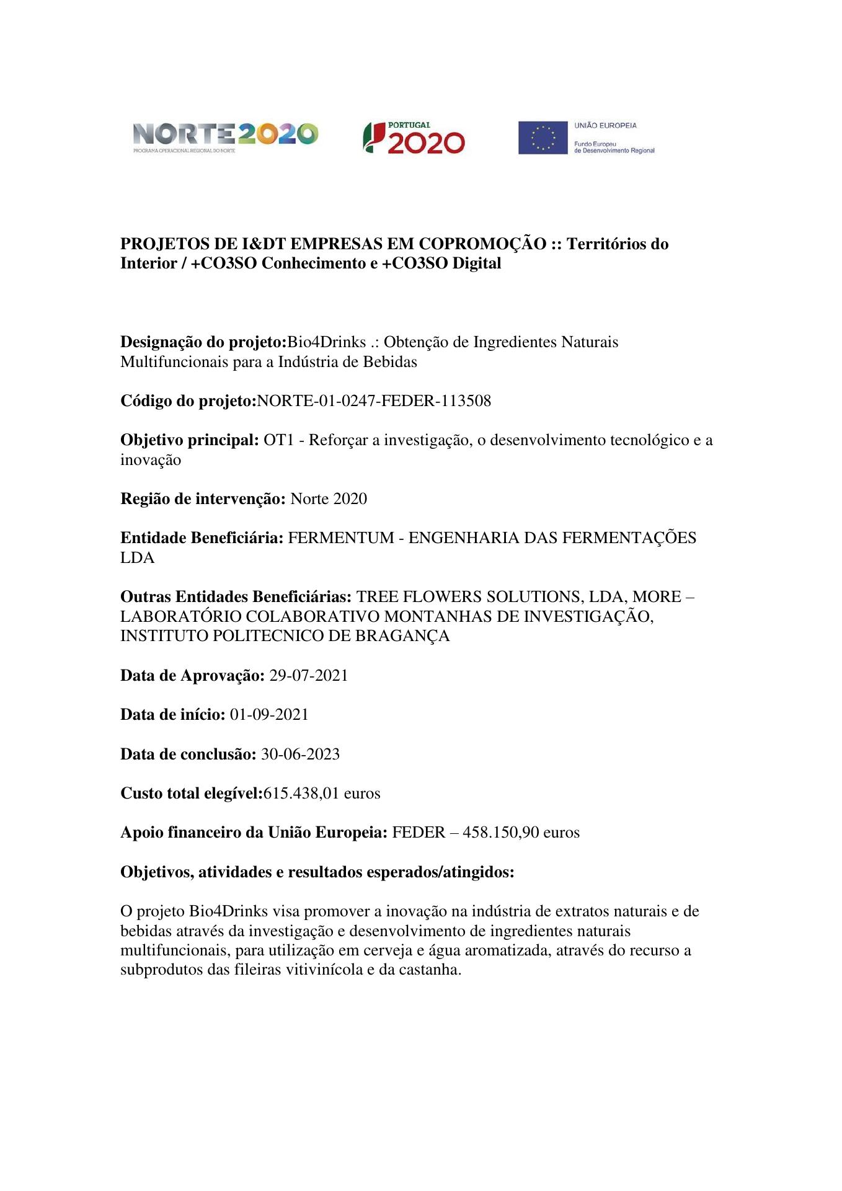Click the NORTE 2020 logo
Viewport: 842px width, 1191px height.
(225, 136)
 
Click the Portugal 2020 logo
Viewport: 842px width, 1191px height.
(414, 138)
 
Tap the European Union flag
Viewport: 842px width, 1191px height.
(543, 138)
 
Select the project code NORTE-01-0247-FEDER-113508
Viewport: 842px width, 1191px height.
(374, 401)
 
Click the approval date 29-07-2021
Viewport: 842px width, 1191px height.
(308, 675)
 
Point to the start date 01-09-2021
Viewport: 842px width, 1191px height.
(269, 715)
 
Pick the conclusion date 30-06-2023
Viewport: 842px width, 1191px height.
(300, 754)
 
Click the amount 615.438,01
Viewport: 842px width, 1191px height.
(301, 793)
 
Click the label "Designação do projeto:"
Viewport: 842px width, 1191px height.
(203, 342)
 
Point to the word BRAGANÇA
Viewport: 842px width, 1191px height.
(402, 636)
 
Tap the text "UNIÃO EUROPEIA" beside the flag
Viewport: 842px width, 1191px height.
(605, 125)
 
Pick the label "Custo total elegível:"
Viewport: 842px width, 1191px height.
(192, 793)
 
